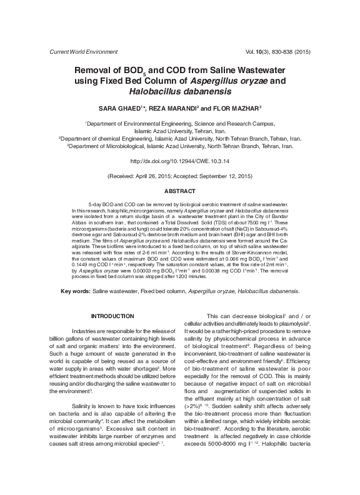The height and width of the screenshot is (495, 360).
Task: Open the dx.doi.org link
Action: (x=179, y=161)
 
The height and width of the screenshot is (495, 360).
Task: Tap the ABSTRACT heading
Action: (x=179, y=191)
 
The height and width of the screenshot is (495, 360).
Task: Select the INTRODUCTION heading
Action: (x=112, y=316)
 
